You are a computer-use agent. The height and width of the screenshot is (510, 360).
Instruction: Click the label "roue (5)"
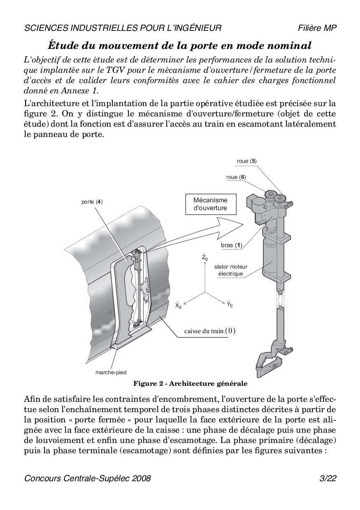pyautogui.click(x=247, y=161)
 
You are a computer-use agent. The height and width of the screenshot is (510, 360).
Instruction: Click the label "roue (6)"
pyautogui.click(x=236, y=177)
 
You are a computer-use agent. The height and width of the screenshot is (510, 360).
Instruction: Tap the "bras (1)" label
pyautogui.click(x=231, y=245)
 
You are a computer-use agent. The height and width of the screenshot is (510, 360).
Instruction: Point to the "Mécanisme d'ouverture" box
pyautogui.click(x=210, y=204)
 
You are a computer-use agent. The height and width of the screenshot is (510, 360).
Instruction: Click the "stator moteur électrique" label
pyautogui.click(x=230, y=270)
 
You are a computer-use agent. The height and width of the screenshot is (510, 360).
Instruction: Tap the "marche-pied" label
pyautogui.click(x=111, y=372)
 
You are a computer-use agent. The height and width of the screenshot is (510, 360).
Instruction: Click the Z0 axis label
pyautogui.click(x=204, y=257)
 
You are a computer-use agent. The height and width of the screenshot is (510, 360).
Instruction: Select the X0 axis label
pyautogui.click(x=178, y=306)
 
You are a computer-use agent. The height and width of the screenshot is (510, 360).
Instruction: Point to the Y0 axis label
pyautogui.click(x=230, y=305)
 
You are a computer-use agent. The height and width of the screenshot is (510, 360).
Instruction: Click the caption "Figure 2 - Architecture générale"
pyautogui.click(x=190, y=384)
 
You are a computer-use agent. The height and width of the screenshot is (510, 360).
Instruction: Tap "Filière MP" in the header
pyautogui.click(x=318, y=28)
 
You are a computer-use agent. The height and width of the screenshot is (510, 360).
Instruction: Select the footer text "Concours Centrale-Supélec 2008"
pyautogui.click(x=88, y=478)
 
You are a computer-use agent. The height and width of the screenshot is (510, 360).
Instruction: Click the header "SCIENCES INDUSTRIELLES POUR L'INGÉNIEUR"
pyautogui.click(x=123, y=28)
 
